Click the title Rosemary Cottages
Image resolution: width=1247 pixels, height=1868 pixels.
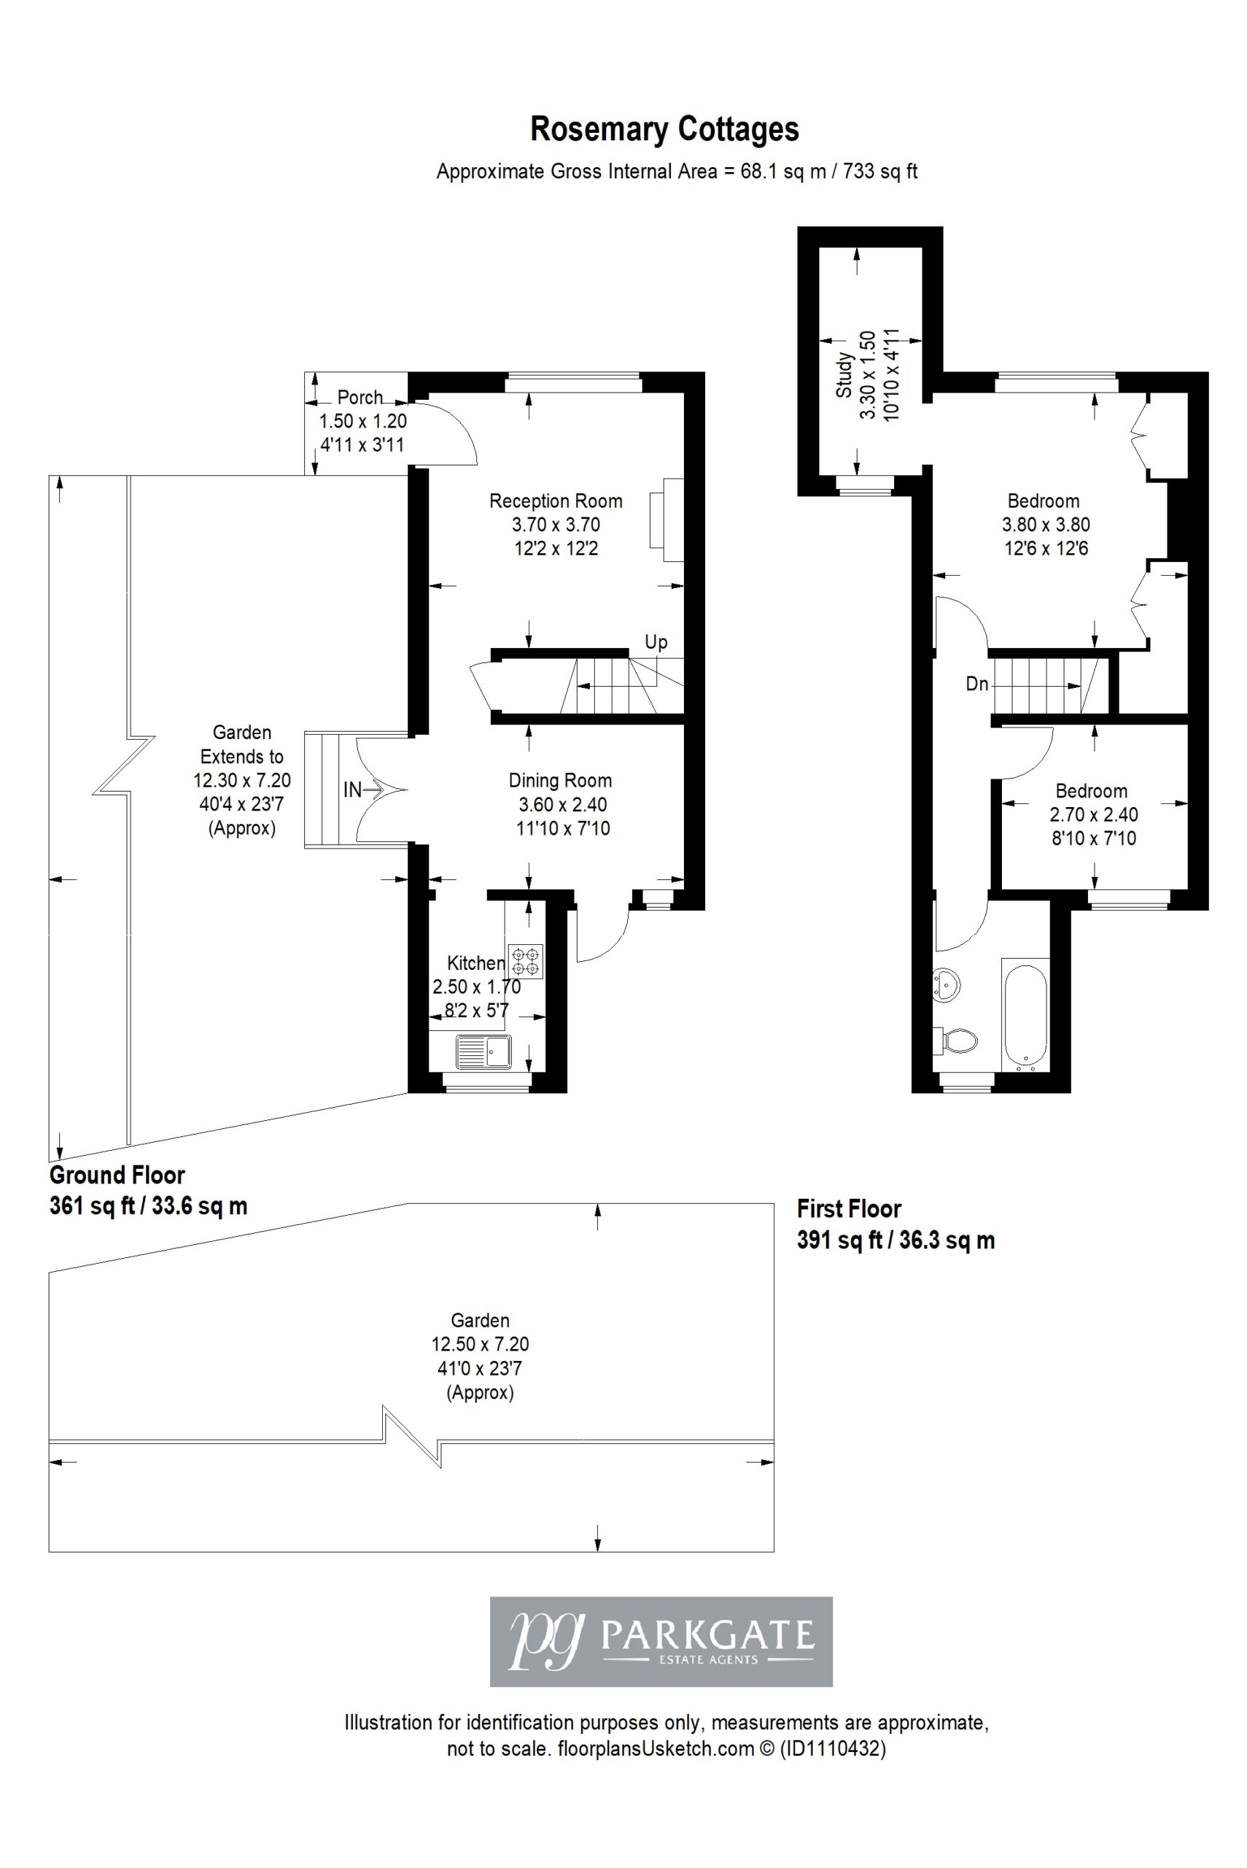point(664,129)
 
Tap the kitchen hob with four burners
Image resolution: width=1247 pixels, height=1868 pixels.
point(526,961)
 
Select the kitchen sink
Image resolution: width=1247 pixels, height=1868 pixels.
point(483,1051)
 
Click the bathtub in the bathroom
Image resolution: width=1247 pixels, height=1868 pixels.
point(1025,1015)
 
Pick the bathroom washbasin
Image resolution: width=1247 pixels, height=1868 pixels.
point(946,984)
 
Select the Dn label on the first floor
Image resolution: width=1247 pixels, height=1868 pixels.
point(976,684)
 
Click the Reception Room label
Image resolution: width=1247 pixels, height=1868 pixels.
point(555,501)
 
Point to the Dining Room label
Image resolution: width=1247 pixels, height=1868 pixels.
point(560,781)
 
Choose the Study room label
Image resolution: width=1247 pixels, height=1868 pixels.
point(844,376)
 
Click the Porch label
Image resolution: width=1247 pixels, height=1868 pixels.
point(360,397)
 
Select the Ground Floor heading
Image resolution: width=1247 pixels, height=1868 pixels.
point(117,1175)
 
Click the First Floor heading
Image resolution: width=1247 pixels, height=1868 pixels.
point(849,1209)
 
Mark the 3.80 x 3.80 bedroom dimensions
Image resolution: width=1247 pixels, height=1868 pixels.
point(1046,525)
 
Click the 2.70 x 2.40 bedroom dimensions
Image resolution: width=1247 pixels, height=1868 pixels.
point(1094,814)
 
